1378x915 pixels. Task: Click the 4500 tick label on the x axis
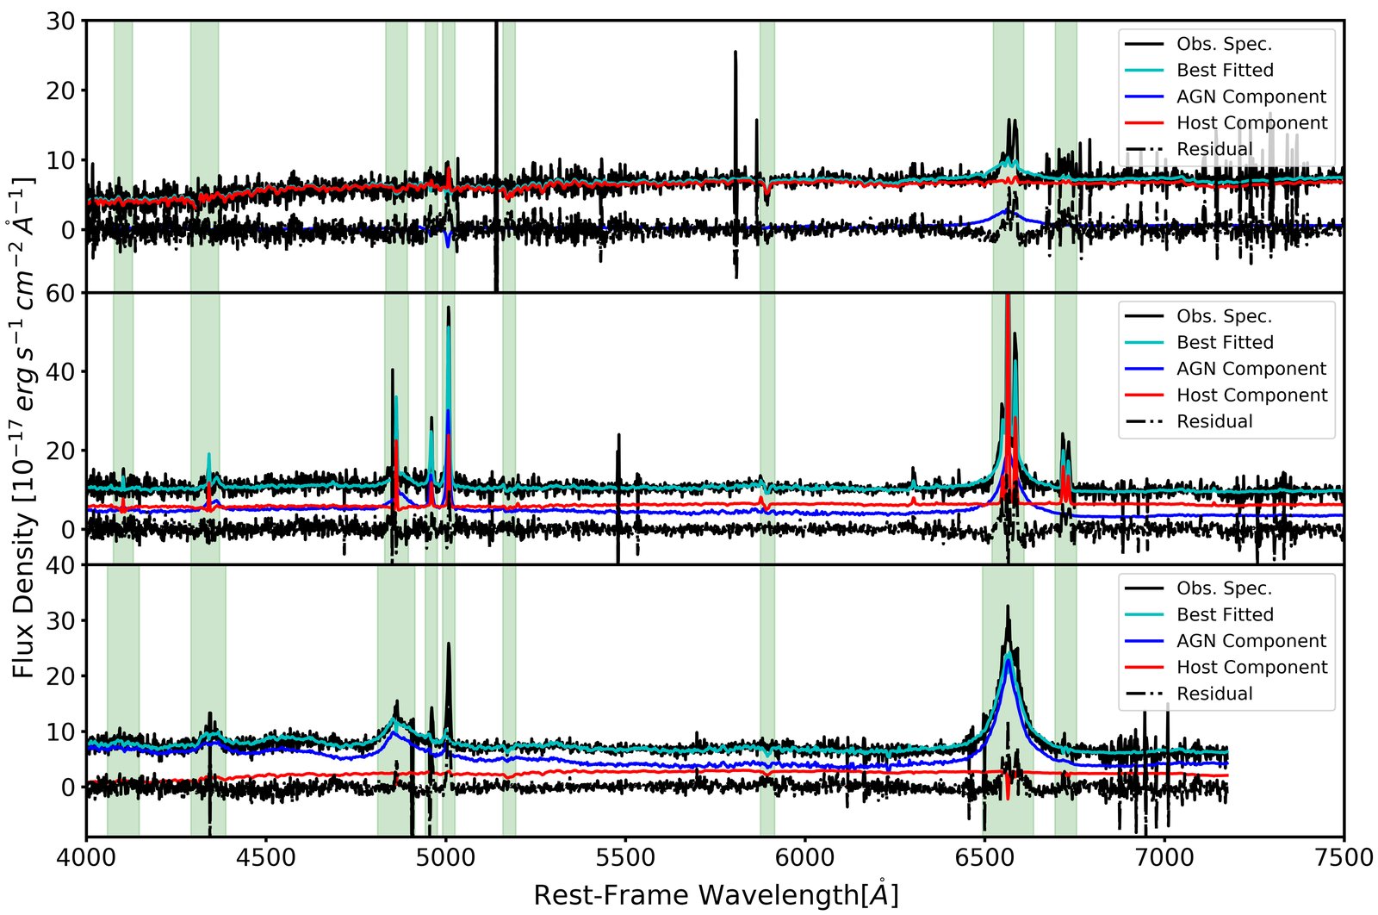pyautogui.click(x=266, y=857)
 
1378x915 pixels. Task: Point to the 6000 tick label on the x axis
pyautogui.click(x=804, y=857)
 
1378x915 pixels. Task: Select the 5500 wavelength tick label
pyautogui.click(x=625, y=857)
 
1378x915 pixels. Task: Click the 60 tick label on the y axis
pyautogui.click(x=60, y=294)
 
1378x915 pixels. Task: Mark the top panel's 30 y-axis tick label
pyautogui.click(x=60, y=22)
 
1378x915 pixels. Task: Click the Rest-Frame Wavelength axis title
pyautogui.click(x=716, y=895)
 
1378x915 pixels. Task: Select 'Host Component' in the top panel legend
pyautogui.click(x=1252, y=123)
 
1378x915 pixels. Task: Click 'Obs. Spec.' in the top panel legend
pyautogui.click(x=1224, y=44)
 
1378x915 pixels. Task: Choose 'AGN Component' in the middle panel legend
pyautogui.click(x=1251, y=369)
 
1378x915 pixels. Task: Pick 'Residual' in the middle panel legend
pyautogui.click(x=1214, y=421)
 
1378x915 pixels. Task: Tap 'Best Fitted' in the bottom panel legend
pyautogui.click(x=1225, y=614)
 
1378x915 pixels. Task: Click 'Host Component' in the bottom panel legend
pyautogui.click(x=1252, y=667)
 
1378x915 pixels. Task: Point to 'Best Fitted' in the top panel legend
pyautogui.click(x=1225, y=70)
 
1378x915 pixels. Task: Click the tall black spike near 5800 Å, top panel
pyautogui.click(x=736, y=52)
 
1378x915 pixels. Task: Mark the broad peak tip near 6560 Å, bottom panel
pyautogui.click(x=1008, y=606)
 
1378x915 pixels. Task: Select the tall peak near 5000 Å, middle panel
pyautogui.click(x=449, y=307)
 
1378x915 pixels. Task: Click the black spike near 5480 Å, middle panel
pyautogui.click(x=619, y=435)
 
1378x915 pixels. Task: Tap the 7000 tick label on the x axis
pyautogui.click(x=1164, y=857)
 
